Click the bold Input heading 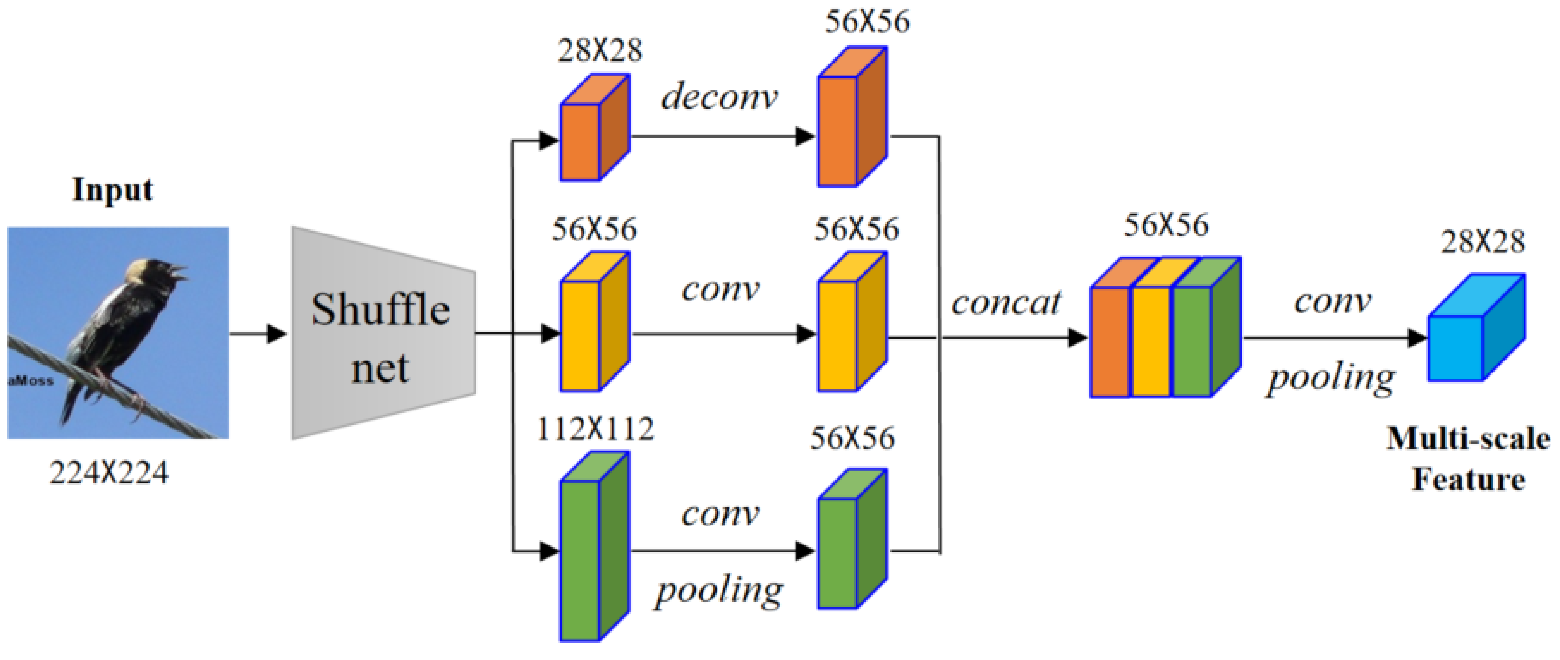(x=113, y=191)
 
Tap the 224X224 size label (x=109, y=473)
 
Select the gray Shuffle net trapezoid (x=381, y=333)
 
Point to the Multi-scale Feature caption (x=1468, y=459)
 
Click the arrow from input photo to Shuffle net (x=258, y=333)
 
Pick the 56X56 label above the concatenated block (x=1166, y=225)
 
